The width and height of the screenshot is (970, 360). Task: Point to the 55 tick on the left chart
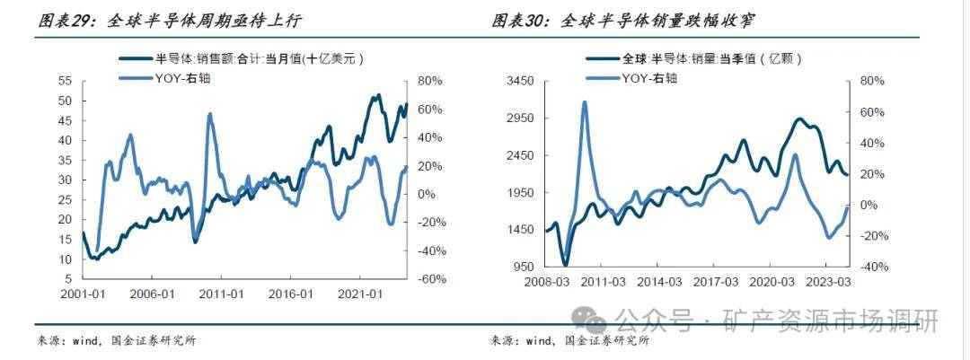(x=65, y=81)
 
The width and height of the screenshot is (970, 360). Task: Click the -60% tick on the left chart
(x=429, y=279)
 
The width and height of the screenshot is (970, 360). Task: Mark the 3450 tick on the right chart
(x=522, y=81)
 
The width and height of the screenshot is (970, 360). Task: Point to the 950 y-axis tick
(x=525, y=267)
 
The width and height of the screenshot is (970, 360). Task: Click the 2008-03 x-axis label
(x=546, y=283)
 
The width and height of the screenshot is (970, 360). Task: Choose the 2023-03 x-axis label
(x=828, y=283)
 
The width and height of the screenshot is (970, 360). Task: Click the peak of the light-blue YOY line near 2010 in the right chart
(x=584, y=102)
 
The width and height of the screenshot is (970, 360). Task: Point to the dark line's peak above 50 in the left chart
(x=378, y=94)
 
